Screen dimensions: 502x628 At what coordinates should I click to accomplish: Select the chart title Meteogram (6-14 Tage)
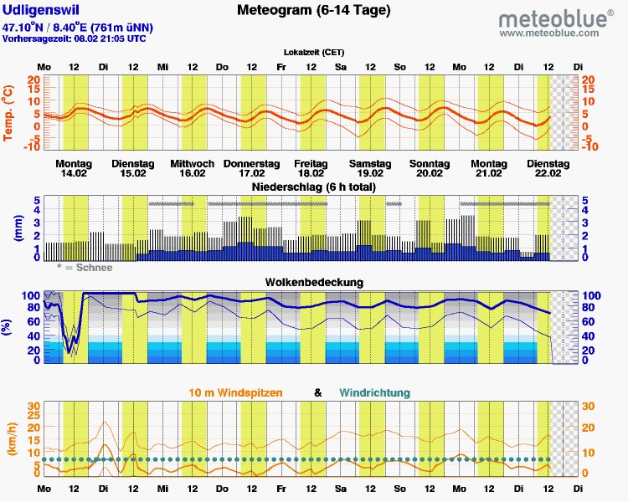tap(313, 11)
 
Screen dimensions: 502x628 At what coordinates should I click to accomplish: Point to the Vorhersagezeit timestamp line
tap(75, 38)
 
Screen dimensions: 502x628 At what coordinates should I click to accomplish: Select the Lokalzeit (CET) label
tap(313, 52)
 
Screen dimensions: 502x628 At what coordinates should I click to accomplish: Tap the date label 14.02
tap(75, 173)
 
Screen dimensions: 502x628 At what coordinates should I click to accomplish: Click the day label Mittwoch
tap(192, 162)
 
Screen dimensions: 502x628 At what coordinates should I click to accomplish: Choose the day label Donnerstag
tap(250, 162)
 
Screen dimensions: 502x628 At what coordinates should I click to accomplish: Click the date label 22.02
tap(548, 173)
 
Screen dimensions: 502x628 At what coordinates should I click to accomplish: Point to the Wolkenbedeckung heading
tap(314, 282)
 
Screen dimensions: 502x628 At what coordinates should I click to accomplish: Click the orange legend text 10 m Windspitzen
tap(235, 392)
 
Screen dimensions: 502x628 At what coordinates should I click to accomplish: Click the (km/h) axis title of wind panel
tap(11, 438)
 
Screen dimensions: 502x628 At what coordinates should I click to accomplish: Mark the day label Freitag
tap(311, 162)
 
